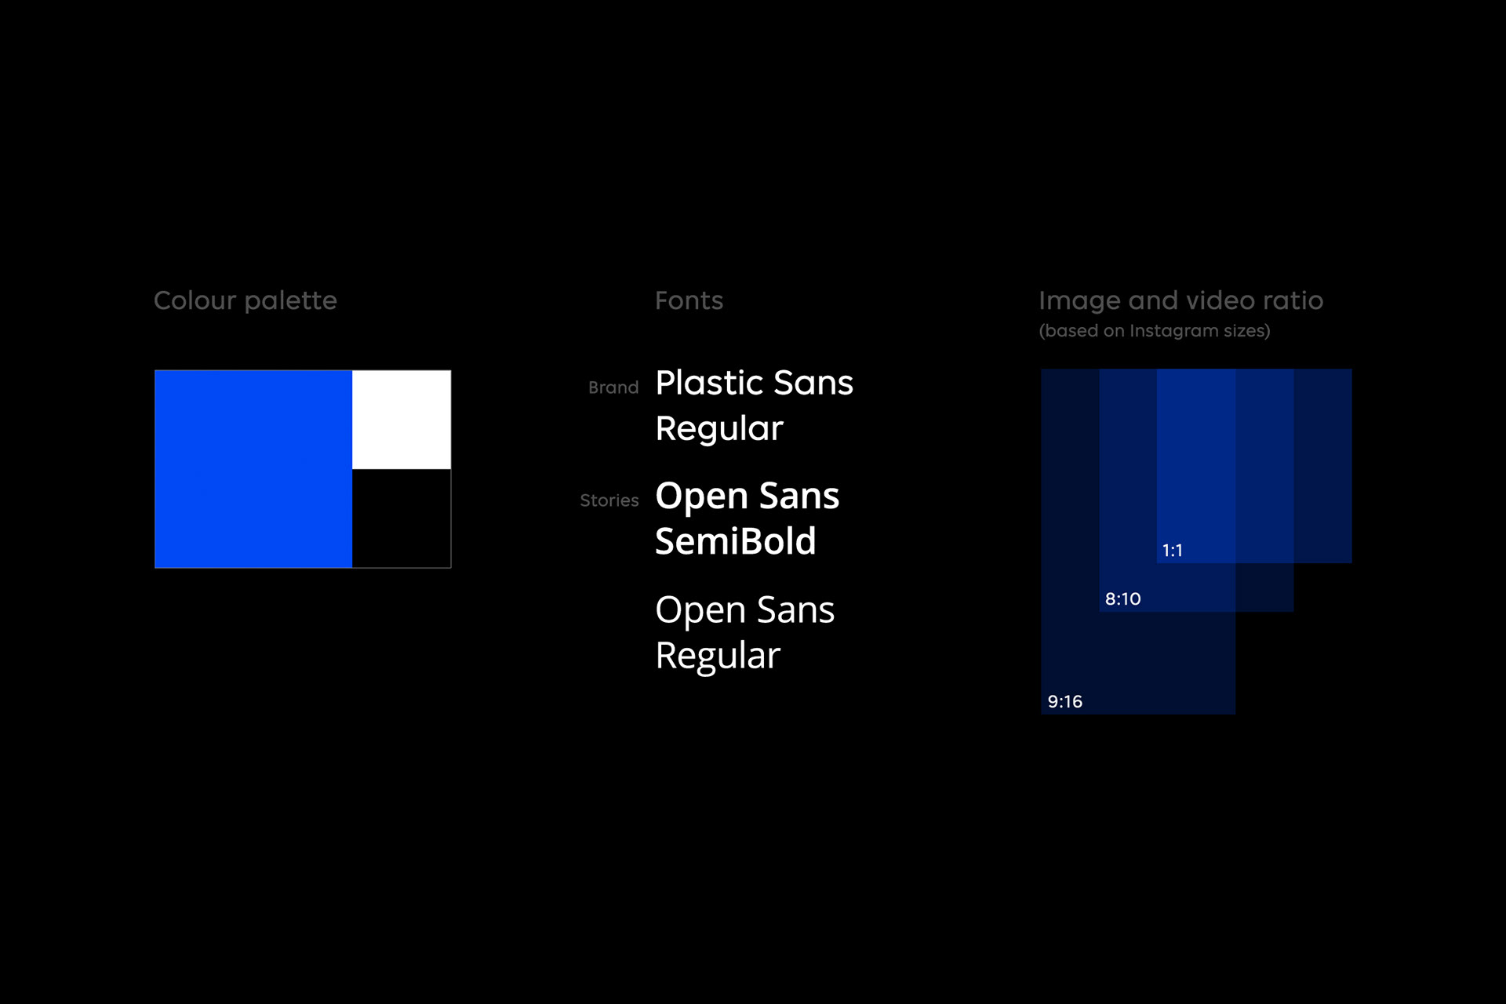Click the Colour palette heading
click(246, 301)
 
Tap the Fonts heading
click(689, 300)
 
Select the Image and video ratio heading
click(1180, 300)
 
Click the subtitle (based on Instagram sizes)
click(1155, 331)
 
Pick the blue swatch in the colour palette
click(253, 469)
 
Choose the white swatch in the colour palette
click(402, 420)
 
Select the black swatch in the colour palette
click(402, 518)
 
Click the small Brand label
click(613, 387)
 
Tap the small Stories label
click(609, 500)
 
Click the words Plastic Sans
click(754, 383)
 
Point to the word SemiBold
click(736, 541)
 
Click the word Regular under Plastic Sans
click(719, 429)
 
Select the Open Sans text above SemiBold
click(747, 496)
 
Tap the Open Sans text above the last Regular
click(744, 610)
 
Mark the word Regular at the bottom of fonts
click(718, 656)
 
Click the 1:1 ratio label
click(1172, 551)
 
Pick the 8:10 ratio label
click(1122, 599)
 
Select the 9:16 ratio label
click(1064, 702)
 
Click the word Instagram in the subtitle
click(1173, 331)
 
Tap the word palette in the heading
click(290, 301)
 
